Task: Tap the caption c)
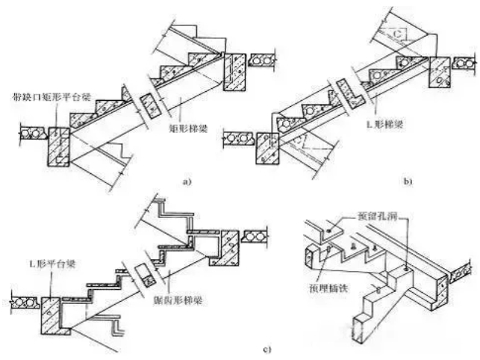pos(246,347)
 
